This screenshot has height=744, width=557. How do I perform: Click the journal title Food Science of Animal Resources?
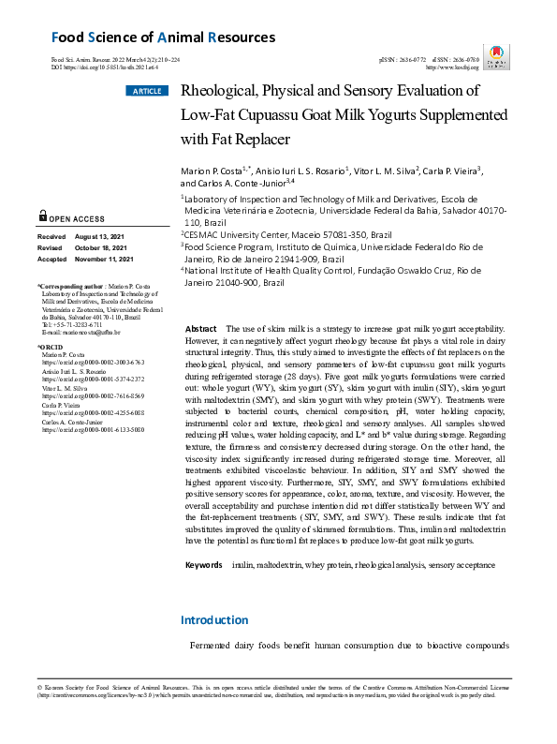(163, 37)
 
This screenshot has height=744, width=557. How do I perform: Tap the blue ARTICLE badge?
(146, 91)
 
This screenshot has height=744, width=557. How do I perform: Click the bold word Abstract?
(201, 330)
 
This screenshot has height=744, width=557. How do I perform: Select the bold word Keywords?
(203, 566)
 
